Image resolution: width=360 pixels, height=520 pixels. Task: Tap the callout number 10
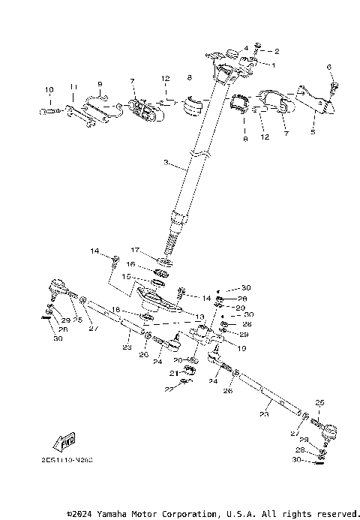tap(49, 91)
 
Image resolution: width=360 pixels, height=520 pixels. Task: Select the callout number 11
tap(73, 88)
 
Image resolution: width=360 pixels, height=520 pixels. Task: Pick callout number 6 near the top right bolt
tap(328, 68)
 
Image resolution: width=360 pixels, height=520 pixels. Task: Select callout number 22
tap(168, 389)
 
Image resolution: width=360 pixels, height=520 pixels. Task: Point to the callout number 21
tap(172, 373)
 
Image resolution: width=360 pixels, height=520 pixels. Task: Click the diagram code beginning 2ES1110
tap(68, 464)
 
